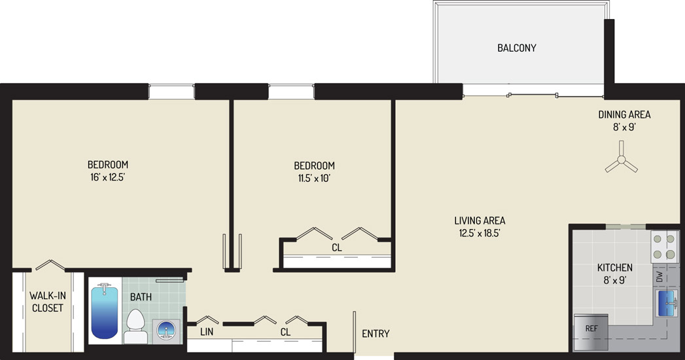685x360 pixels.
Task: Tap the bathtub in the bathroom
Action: point(105,311)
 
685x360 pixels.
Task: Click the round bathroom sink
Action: point(166,330)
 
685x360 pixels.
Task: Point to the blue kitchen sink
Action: point(667,303)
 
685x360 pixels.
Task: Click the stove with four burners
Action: point(664,246)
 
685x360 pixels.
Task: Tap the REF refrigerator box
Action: point(591,332)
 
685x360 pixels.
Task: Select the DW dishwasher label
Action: point(659,276)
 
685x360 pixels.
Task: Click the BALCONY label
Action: point(517,48)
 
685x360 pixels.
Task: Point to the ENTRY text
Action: point(376,334)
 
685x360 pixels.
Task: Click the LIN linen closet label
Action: point(207,332)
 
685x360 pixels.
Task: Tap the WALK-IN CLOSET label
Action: point(48,302)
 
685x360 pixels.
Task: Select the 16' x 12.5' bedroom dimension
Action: point(107,177)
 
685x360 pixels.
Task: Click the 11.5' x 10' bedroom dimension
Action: point(314,178)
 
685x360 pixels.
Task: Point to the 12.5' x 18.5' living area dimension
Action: point(479,233)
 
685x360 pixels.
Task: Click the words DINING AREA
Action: point(624,115)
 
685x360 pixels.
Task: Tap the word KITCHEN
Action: point(614,267)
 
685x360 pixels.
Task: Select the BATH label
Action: point(141,297)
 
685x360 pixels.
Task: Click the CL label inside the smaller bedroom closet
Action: point(336,247)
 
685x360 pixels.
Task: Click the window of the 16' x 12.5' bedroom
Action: point(171,92)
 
